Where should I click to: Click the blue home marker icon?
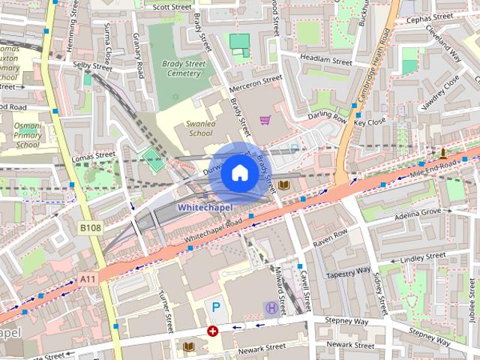239,172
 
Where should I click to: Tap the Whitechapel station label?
205,207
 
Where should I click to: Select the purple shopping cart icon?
264,119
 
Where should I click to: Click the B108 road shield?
90,227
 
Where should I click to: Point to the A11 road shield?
88,279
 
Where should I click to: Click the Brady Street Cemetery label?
183,69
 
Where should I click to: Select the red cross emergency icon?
213,330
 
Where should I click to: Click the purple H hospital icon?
271,307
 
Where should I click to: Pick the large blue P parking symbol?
216,307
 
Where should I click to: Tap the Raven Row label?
331,243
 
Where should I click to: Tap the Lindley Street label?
423,259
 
